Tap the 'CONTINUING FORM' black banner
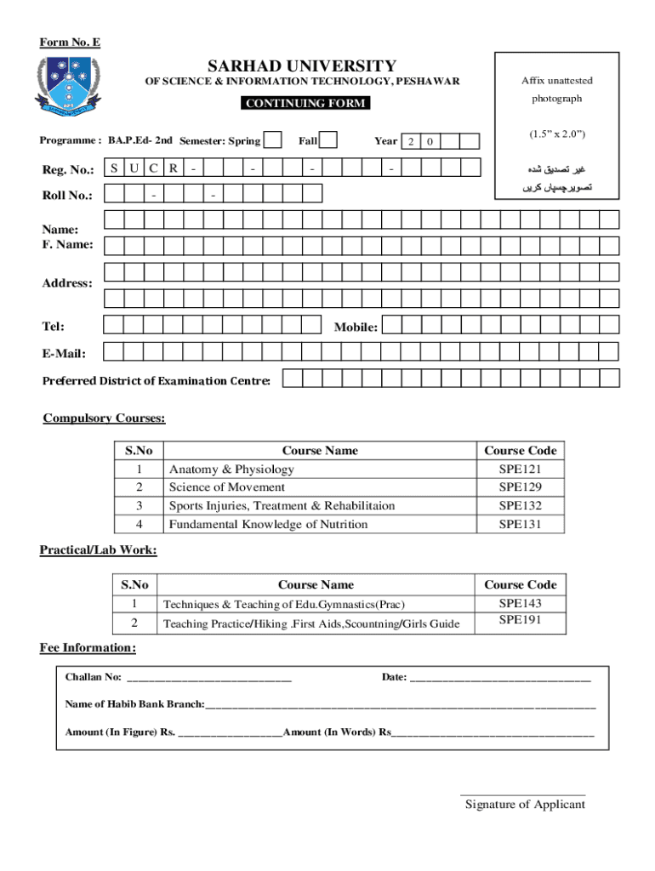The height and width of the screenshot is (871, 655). [x=305, y=103]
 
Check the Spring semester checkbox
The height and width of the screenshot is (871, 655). [x=274, y=140]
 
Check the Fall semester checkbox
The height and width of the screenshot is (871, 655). [x=327, y=140]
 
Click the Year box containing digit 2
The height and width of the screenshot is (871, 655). [x=411, y=141]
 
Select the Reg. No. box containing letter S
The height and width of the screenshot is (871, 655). [x=113, y=168]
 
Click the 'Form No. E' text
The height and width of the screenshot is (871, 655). [x=71, y=43]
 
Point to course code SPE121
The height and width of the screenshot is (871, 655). [x=520, y=470]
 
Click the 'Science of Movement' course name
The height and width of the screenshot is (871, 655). [x=226, y=487]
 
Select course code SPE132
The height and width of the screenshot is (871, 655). [x=520, y=506]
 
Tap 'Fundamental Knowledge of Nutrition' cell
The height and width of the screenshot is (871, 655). [x=268, y=525]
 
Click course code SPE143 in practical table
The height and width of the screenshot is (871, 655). [x=520, y=603]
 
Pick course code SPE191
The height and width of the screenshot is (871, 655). [x=520, y=620]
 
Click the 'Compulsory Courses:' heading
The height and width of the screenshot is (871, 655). [x=104, y=418]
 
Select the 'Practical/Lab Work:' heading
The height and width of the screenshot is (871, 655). [x=98, y=550]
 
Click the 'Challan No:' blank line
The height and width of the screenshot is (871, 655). [x=208, y=678]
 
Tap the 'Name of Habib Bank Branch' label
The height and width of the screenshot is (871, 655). [x=134, y=704]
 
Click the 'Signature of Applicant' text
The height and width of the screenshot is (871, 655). [x=525, y=805]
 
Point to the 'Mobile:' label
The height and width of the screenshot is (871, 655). [x=356, y=327]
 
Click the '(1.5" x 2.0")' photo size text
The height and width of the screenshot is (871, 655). [x=557, y=134]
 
